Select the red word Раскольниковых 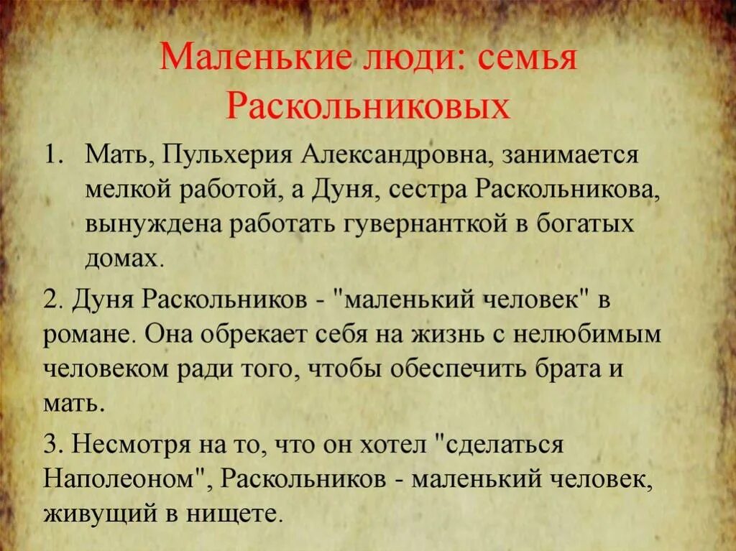coord(368,106)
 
